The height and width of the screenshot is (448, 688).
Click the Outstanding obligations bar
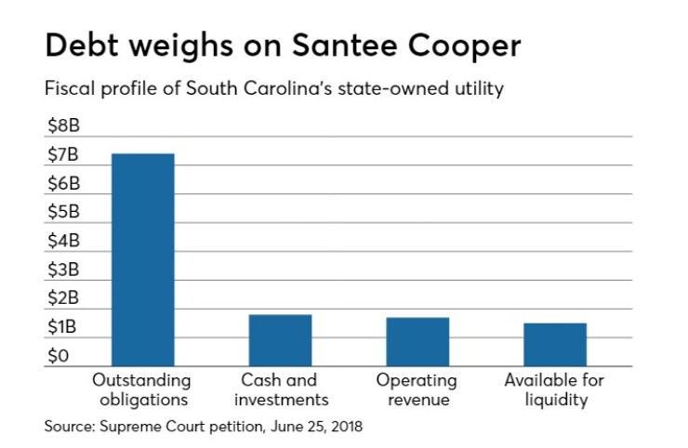(x=142, y=259)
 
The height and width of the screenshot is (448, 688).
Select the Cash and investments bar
(x=280, y=340)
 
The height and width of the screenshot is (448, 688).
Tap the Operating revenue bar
(x=417, y=342)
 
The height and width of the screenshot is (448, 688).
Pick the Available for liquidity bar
(x=554, y=345)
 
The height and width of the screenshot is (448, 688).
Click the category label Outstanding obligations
(x=141, y=390)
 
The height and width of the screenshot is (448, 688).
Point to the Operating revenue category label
(x=417, y=390)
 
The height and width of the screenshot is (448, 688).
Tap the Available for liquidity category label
(x=554, y=390)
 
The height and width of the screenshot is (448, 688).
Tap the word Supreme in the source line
(x=127, y=428)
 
